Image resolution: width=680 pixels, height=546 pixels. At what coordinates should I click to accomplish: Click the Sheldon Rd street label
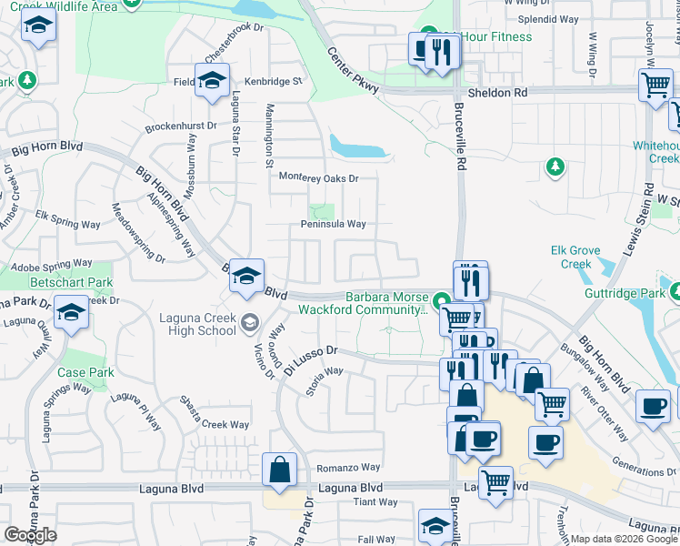click(497, 92)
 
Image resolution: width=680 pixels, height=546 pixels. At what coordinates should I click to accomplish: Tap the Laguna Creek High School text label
click(197, 324)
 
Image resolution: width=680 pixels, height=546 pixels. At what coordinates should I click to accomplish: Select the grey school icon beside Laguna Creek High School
click(249, 322)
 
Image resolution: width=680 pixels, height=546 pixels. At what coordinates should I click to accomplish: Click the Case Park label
click(85, 372)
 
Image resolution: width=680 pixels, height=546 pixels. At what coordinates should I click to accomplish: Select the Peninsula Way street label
click(334, 224)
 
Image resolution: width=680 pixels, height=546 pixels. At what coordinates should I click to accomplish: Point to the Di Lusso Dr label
click(309, 350)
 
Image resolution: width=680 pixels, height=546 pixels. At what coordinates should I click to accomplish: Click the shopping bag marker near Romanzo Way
click(279, 470)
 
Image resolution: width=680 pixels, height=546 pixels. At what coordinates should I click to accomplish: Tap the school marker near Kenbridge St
click(212, 80)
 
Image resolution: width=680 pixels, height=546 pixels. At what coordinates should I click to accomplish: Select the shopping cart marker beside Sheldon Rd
click(655, 86)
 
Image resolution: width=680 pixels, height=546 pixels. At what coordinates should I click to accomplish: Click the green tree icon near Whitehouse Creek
click(554, 167)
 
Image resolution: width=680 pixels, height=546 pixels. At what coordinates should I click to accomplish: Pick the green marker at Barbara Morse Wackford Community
click(441, 299)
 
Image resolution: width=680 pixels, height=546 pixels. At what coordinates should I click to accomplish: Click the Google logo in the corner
click(30, 535)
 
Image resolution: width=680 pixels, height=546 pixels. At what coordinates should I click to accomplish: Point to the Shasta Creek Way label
click(213, 424)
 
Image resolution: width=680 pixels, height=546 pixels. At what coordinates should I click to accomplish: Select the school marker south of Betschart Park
click(71, 313)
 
